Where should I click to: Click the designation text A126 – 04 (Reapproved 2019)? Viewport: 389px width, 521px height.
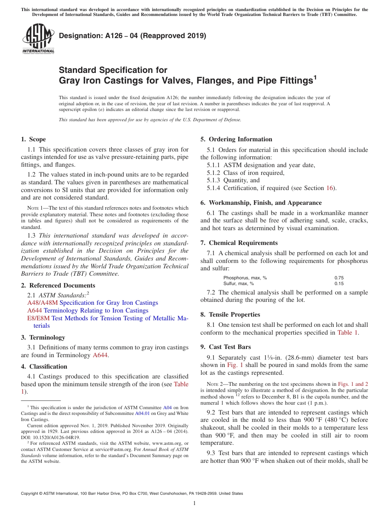(x=132, y=36)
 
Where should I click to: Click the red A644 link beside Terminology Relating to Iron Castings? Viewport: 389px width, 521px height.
(x=34, y=310)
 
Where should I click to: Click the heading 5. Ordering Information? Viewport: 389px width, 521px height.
(x=236, y=139)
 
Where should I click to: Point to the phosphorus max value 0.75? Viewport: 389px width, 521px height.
(x=339, y=278)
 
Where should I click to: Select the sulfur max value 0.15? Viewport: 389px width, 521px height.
(x=339, y=283)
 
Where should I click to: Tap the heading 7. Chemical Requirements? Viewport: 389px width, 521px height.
(x=239, y=243)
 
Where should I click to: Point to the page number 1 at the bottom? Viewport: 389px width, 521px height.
(x=194, y=503)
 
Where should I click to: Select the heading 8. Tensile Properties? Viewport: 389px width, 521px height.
(x=230, y=315)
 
